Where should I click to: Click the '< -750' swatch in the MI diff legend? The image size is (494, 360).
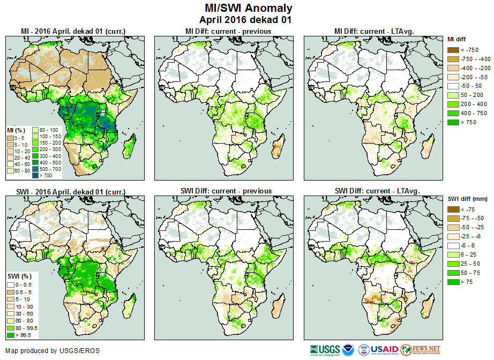(453, 50)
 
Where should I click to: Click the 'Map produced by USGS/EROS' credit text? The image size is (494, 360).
(53, 351)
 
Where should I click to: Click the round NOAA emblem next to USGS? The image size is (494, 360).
(348, 350)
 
